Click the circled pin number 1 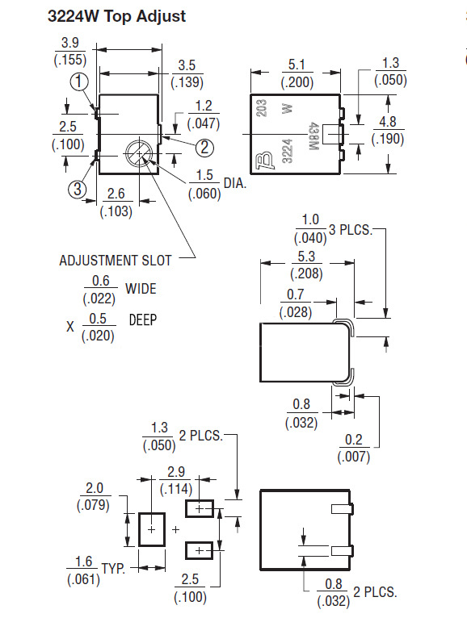(79, 81)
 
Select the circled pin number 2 (204, 147)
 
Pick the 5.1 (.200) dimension (296, 73)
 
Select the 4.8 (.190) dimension (387, 130)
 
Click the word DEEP (143, 320)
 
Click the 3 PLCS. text (351, 230)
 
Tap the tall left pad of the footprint (151, 528)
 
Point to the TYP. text (114, 569)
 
